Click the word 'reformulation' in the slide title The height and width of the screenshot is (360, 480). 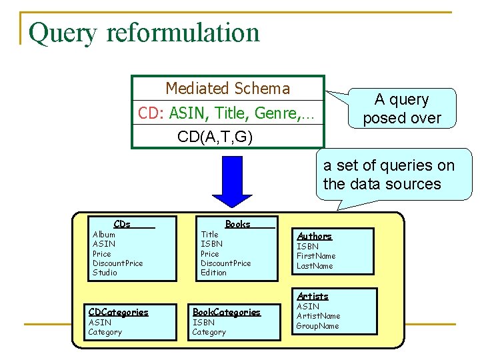(181, 33)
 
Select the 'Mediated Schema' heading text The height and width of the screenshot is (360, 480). (227, 89)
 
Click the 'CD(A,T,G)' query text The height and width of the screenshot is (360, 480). (215, 137)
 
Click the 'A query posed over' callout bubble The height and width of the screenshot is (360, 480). (402, 109)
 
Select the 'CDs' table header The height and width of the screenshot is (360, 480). (122, 224)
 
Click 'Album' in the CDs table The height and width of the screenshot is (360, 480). (104, 235)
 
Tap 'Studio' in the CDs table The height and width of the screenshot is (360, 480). (105, 273)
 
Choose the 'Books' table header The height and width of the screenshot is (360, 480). (237, 224)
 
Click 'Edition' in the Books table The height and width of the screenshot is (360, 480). (213, 273)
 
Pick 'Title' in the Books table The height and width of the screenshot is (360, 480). (209, 235)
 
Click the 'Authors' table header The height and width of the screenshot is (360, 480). (314, 236)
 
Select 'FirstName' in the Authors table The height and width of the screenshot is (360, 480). (316, 256)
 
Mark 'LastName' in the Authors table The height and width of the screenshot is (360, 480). (315, 266)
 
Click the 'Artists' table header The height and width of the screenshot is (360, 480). (313, 296)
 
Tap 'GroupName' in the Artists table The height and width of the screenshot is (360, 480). (318, 326)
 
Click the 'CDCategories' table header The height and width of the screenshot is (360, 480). (119, 312)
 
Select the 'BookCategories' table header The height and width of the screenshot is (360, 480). (227, 312)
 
